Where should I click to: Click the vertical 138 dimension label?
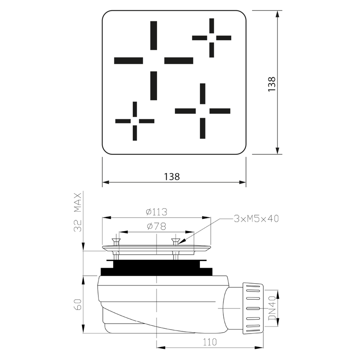(272, 84)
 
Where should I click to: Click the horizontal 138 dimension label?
(172, 177)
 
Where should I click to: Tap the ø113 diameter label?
(157, 212)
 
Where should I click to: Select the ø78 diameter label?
(156, 226)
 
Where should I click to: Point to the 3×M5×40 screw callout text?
(256, 219)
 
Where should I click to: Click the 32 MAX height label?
(78, 212)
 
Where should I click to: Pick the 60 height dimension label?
(78, 304)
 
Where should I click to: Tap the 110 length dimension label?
(210, 342)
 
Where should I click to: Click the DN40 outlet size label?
(272, 308)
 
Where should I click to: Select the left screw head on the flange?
(115, 242)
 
